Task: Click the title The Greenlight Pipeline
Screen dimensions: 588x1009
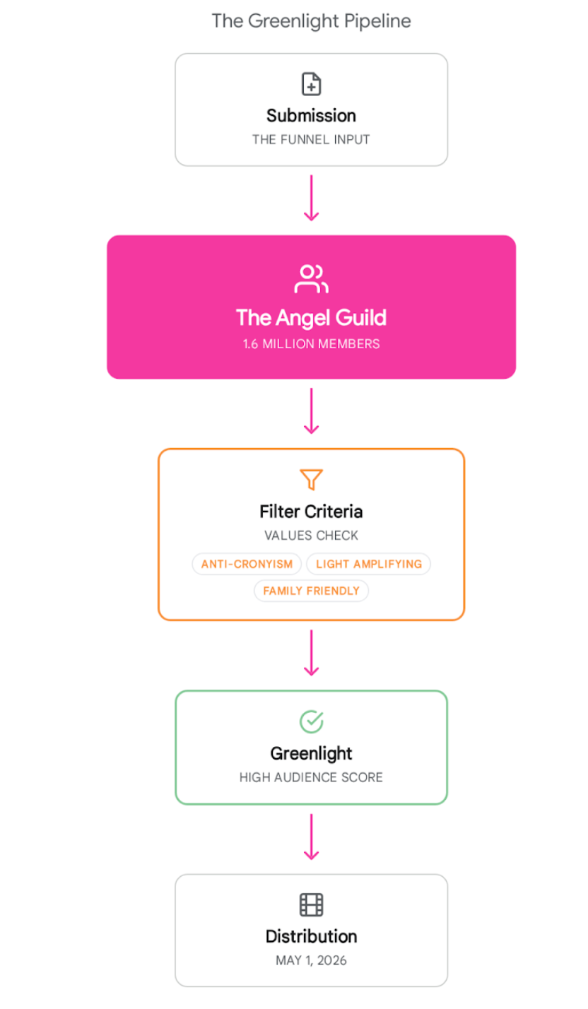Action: click(311, 21)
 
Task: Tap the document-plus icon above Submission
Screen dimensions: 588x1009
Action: click(312, 84)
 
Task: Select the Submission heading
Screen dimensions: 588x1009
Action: click(312, 116)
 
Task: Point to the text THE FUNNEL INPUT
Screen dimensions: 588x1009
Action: click(311, 140)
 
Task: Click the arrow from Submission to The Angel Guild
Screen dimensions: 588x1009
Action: click(312, 198)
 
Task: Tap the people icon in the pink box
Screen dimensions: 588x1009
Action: click(312, 279)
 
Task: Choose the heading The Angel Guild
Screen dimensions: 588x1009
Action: click(312, 317)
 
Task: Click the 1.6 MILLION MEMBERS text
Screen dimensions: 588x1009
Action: click(312, 344)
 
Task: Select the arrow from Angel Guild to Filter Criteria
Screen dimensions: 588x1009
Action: click(312, 411)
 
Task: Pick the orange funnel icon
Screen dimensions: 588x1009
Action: click(312, 479)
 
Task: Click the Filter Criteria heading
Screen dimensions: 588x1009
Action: click(312, 512)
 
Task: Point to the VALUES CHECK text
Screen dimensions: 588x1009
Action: click(312, 536)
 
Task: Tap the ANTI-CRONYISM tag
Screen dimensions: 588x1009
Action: click(247, 564)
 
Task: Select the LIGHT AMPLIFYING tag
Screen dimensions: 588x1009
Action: click(369, 564)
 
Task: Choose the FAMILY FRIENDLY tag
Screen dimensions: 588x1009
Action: click(312, 591)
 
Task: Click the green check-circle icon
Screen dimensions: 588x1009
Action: click(312, 721)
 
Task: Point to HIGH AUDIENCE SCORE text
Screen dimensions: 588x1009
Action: click(312, 777)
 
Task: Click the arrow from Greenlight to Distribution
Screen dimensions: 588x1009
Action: click(312, 837)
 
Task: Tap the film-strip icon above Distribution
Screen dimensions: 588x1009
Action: click(312, 904)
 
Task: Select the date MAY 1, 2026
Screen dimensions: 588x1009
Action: click(312, 960)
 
